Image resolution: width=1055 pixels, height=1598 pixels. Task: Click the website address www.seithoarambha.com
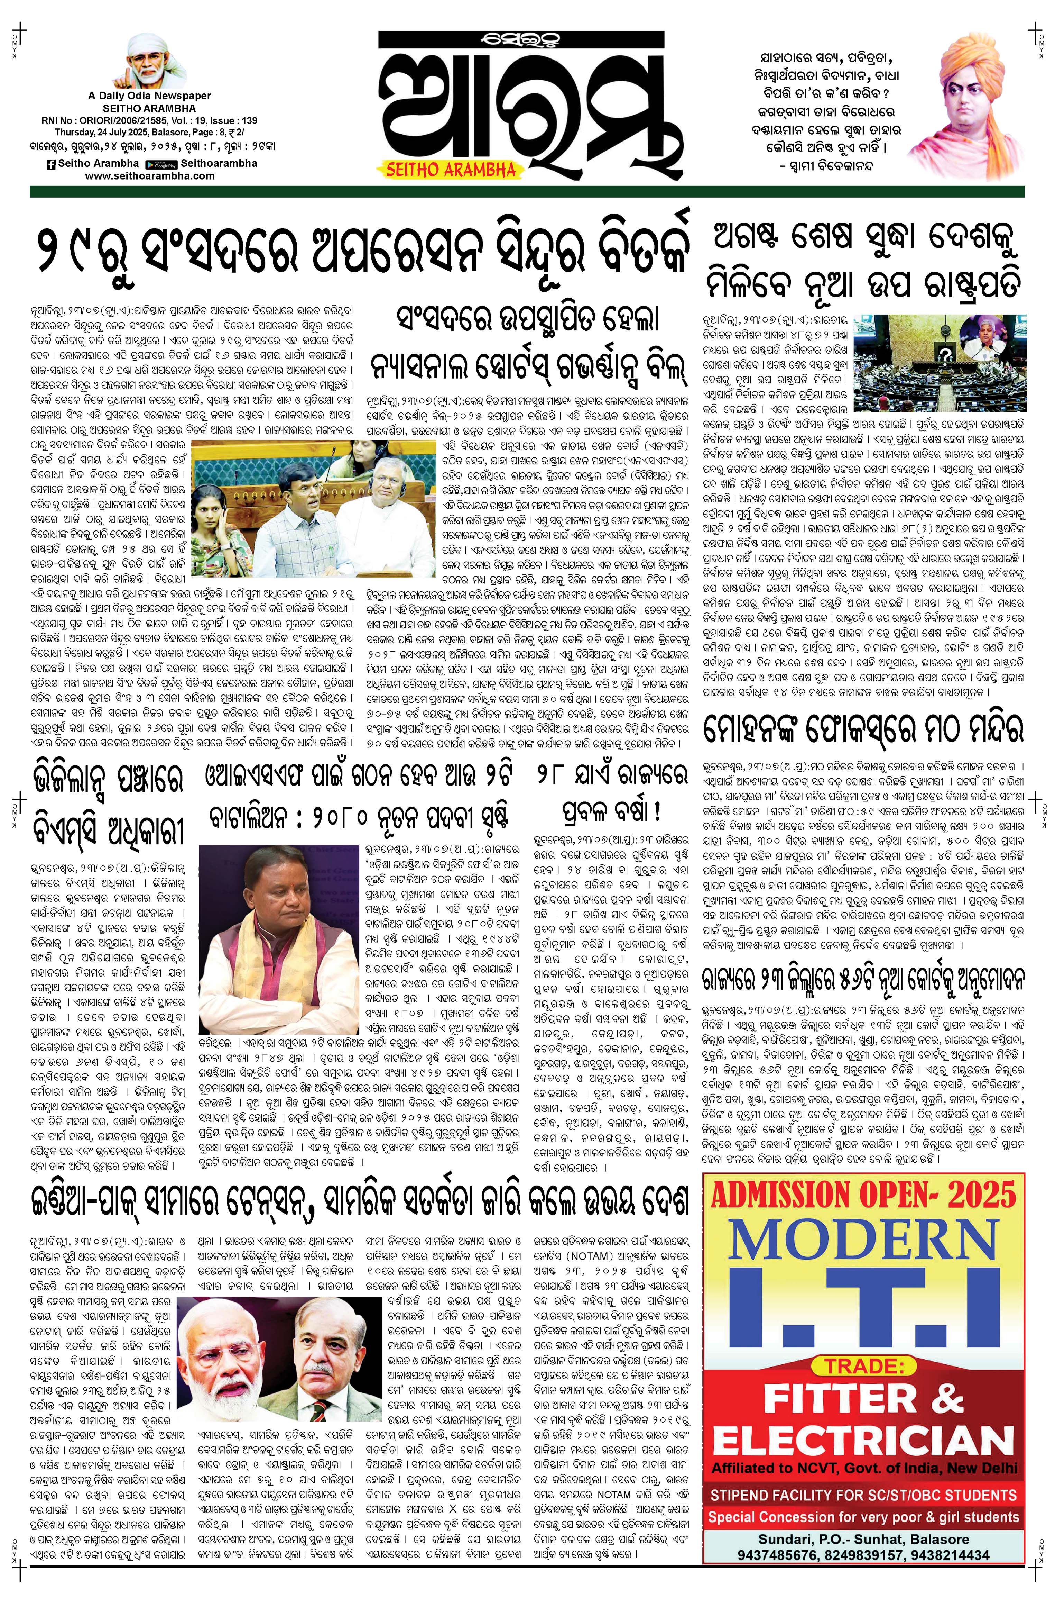pos(150,176)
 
